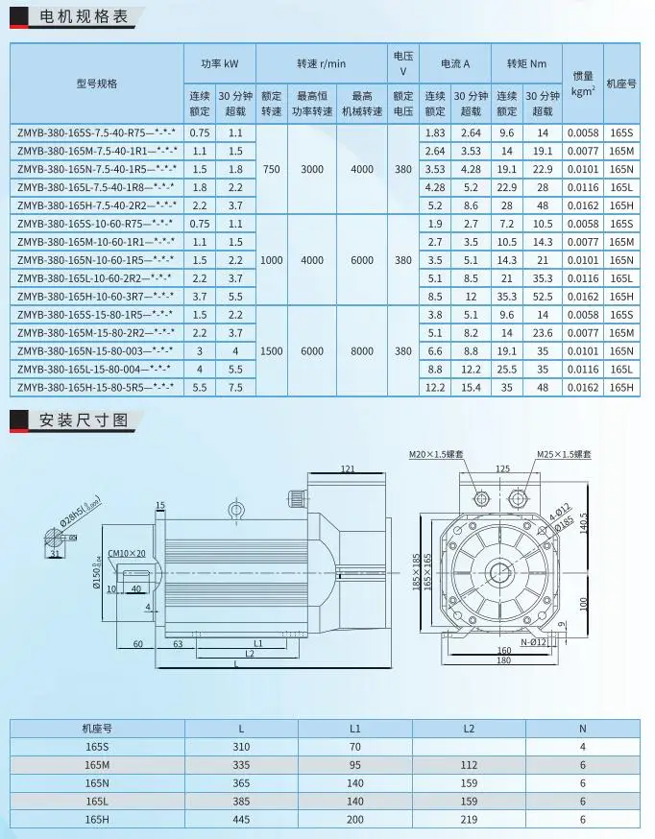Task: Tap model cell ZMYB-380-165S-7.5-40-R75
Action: [96, 132]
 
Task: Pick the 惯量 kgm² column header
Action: [582, 84]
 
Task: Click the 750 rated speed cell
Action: [272, 168]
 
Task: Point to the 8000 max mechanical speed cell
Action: [362, 351]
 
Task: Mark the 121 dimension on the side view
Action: [348, 468]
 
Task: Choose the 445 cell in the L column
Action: [240, 819]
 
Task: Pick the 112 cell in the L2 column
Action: [468, 765]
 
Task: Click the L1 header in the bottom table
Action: [355, 729]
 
